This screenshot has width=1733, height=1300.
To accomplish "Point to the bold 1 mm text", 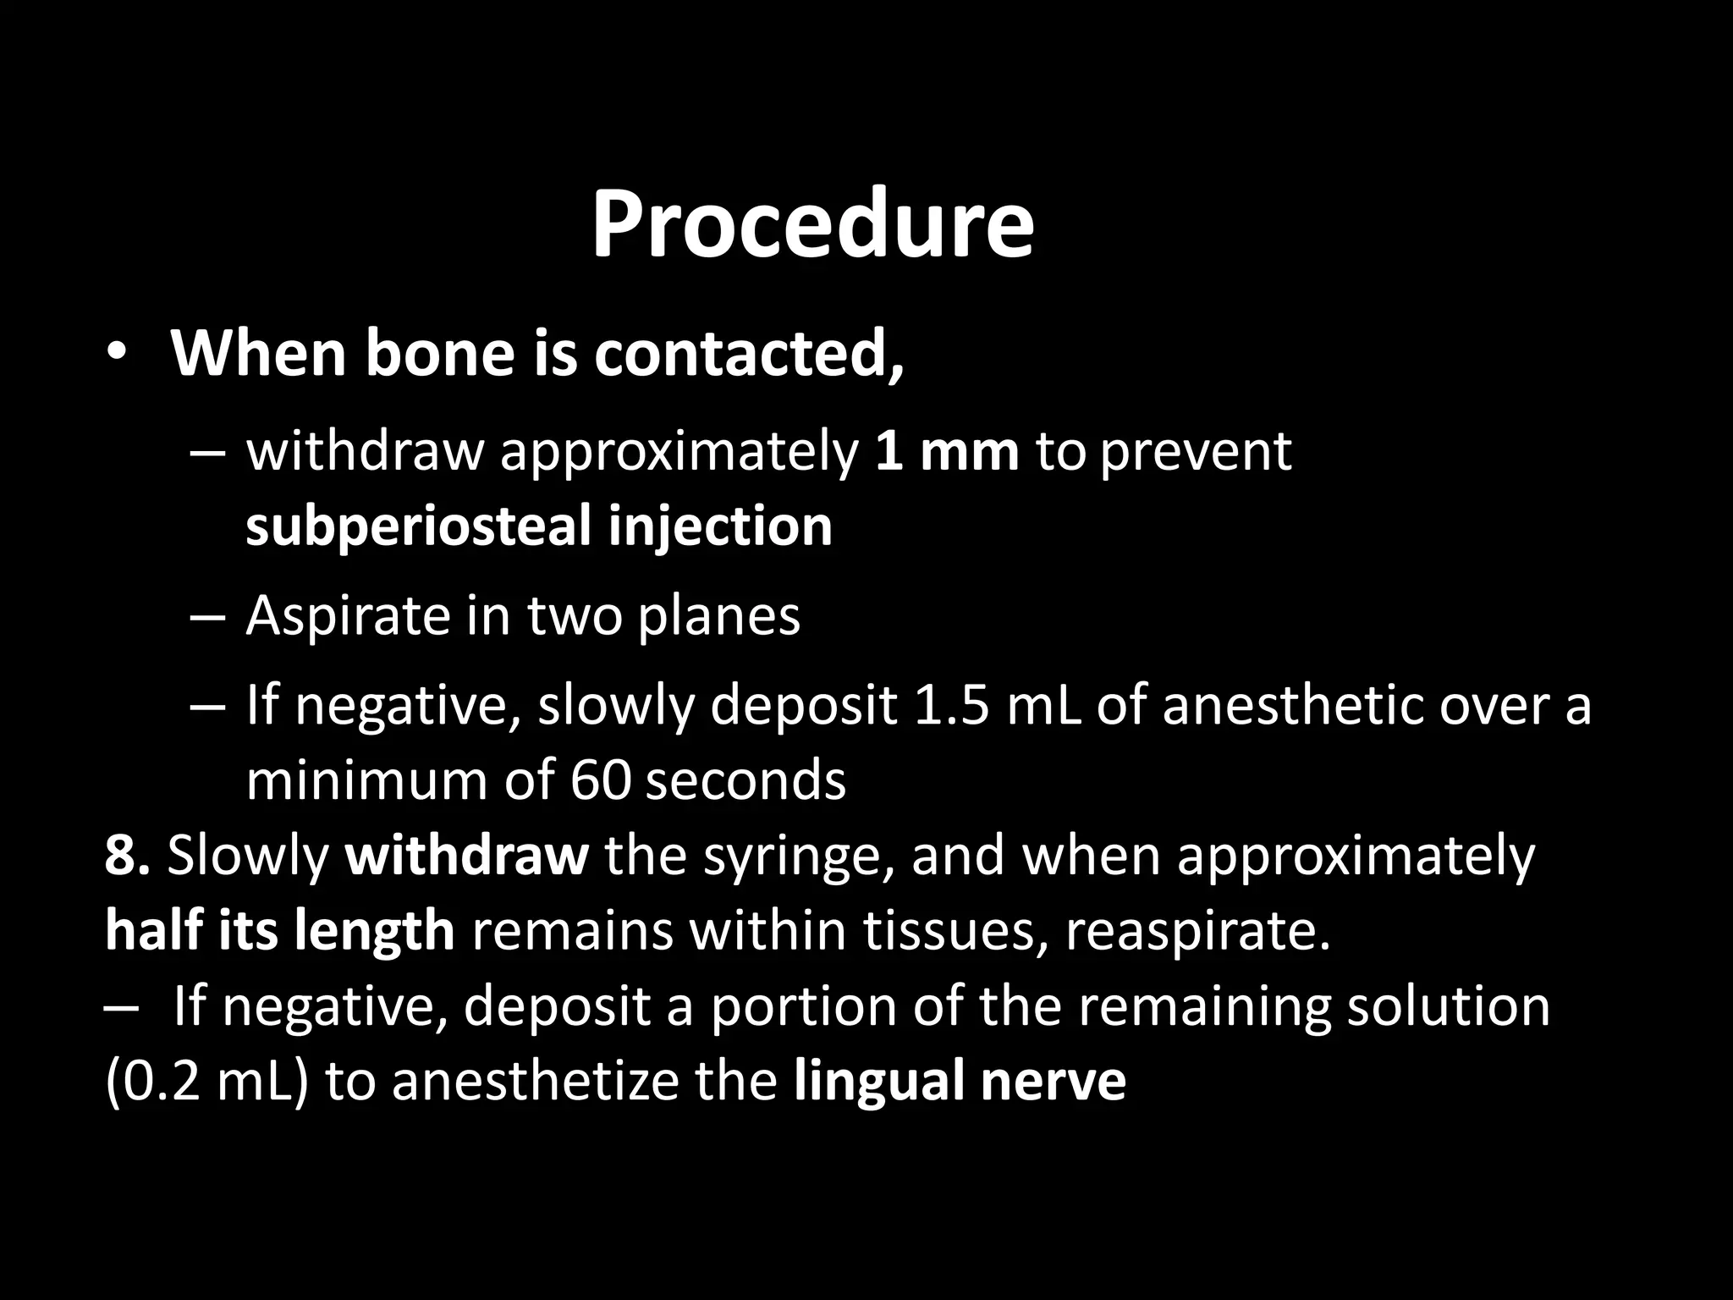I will click(946, 451).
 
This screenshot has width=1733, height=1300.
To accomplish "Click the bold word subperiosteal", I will click(418, 527).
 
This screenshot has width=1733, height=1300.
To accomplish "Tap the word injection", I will click(720, 527).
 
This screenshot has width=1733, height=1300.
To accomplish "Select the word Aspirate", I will click(347, 616).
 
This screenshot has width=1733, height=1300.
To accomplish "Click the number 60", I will click(600, 780).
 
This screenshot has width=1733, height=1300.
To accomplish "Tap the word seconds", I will click(745, 780).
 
